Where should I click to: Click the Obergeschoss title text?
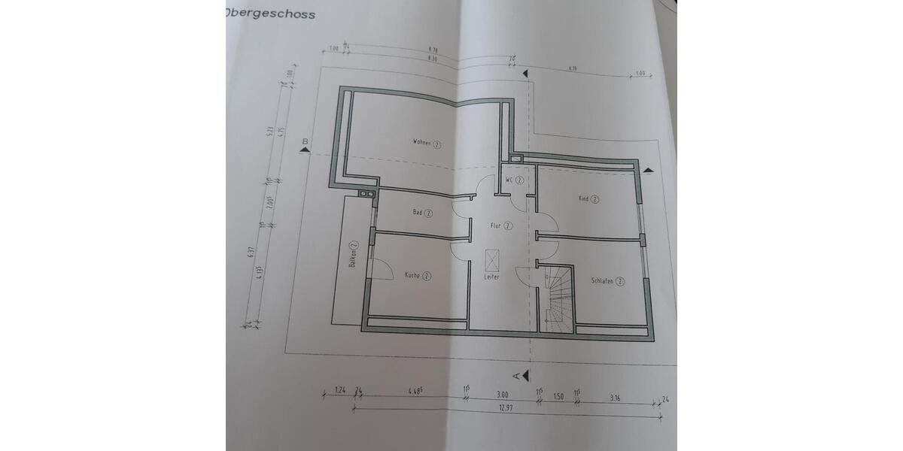(270, 14)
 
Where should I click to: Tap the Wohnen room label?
(426, 142)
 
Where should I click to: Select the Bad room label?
(422, 213)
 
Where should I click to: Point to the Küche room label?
(417, 275)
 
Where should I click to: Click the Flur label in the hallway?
(501, 225)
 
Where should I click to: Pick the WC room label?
(514, 180)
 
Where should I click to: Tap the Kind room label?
(588, 199)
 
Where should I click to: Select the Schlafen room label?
(608, 281)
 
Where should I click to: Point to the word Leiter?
(492, 277)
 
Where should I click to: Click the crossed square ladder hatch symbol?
(493, 259)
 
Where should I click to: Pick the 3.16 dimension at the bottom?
(617, 396)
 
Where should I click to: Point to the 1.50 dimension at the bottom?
(558, 395)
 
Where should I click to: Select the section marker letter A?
(516, 374)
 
